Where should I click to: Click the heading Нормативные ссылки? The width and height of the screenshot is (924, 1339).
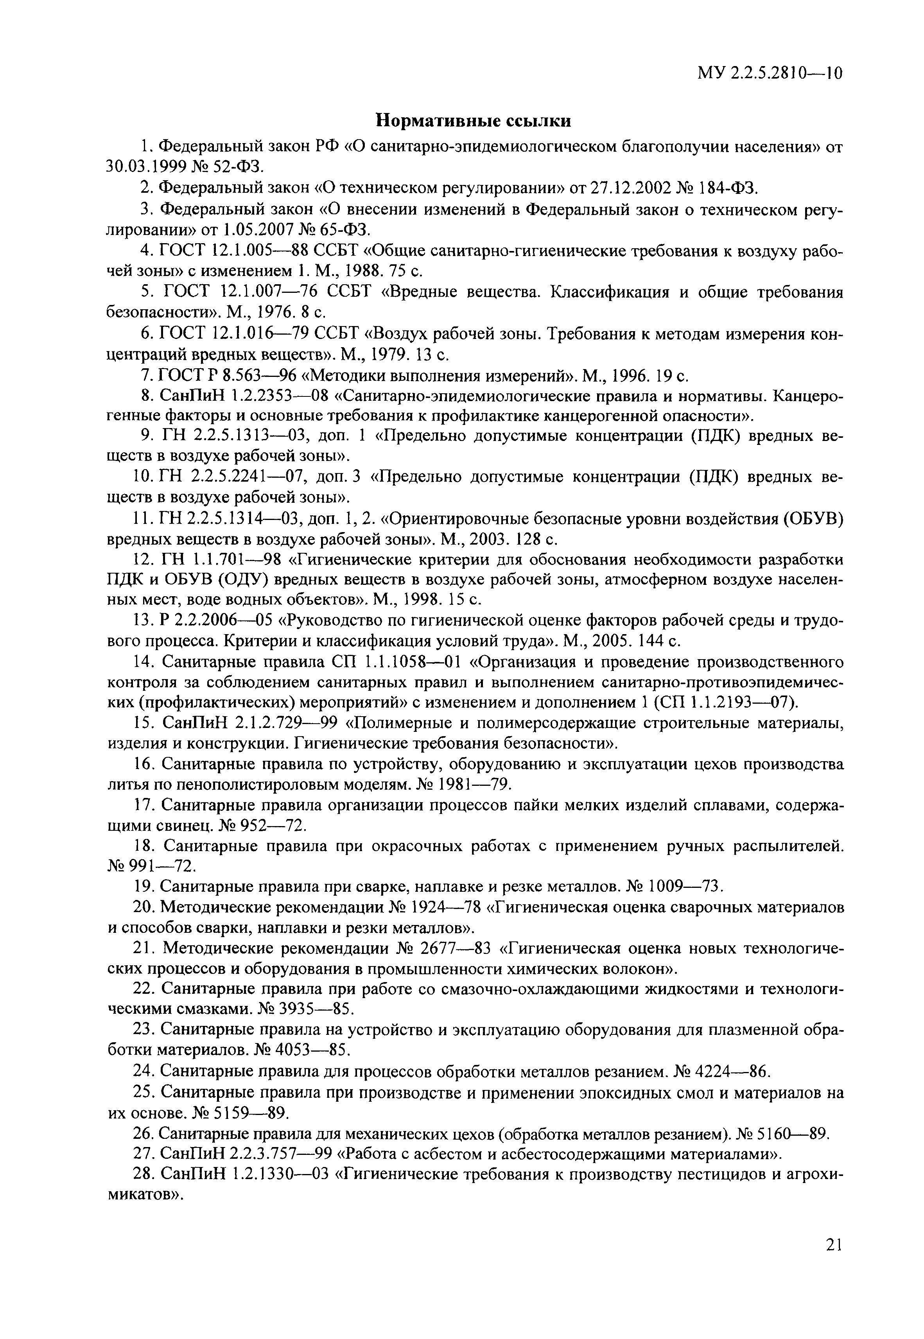(474, 120)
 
